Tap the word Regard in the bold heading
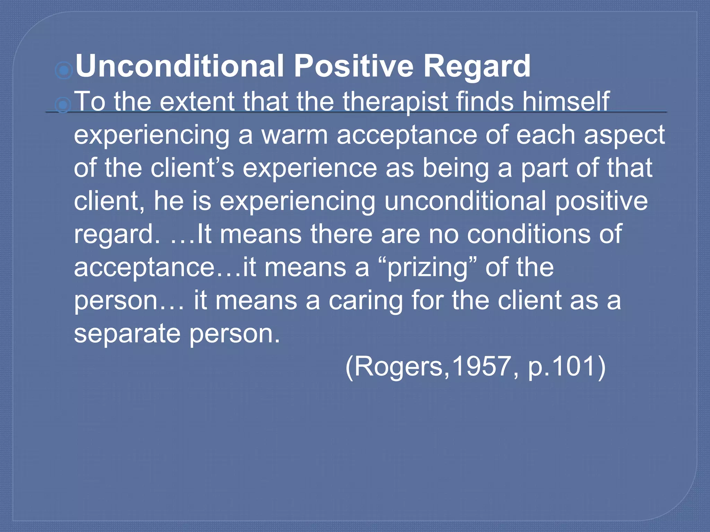click(x=477, y=66)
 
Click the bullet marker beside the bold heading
click(x=64, y=71)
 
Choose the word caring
click(x=365, y=301)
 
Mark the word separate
click(x=127, y=334)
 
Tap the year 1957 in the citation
click(x=481, y=366)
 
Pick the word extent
click(x=197, y=102)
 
